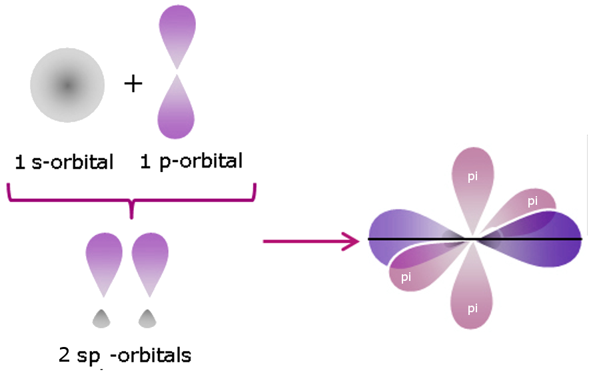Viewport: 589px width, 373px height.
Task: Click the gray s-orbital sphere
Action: (x=66, y=85)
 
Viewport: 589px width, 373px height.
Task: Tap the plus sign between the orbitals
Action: (x=133, y=84)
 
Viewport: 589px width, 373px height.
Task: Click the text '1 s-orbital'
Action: (x=65, y=162)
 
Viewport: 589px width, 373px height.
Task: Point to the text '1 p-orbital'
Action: (x=191, y=162)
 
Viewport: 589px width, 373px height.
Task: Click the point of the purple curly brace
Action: (x=132, y=212)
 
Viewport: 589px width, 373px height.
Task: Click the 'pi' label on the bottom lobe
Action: (x=472, y=308)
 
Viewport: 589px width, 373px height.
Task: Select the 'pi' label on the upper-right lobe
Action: (x=532, y=201)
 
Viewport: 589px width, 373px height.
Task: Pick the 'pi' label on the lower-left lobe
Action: (x=406, y=276)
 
